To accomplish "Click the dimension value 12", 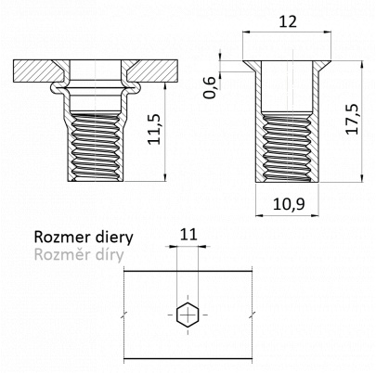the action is tap(288, 21).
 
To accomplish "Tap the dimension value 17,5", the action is tap(352, 119).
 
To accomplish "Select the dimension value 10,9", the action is tap(289, 204).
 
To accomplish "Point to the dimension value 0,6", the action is tap(210, 87).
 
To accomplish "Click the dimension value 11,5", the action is tap(154, 129).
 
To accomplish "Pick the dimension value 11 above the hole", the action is tap(188, 235).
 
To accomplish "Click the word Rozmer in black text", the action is tap(58, 238).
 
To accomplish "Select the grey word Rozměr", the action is tap(58, 255).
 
